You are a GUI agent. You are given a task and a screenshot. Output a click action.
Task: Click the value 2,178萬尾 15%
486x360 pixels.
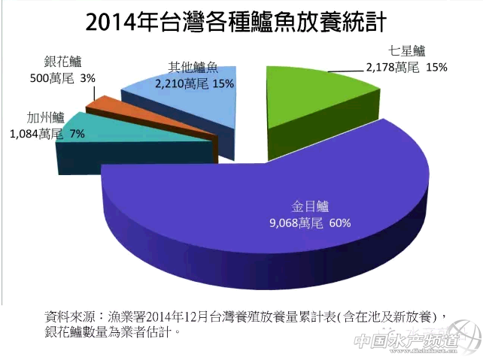tap(406, 67)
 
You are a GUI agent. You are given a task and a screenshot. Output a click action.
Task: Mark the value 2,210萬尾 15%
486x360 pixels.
tap(193, 83)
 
